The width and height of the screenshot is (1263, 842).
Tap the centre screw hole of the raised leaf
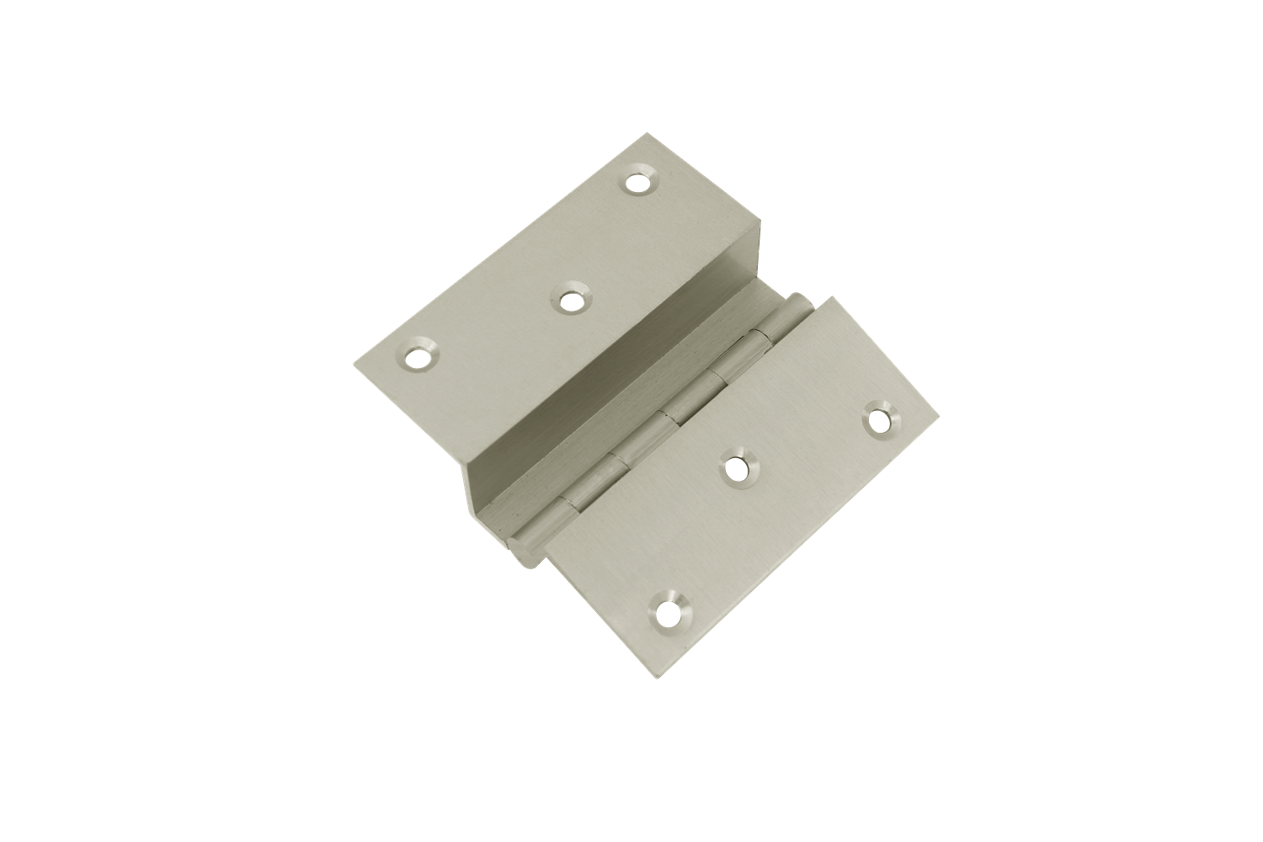click(x=572, y=300)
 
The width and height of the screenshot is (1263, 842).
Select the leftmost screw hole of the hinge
click(x=416, y=359)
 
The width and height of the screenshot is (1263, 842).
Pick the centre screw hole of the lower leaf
click(x=739, y=470)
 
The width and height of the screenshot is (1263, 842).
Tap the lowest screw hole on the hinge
click(x=668, y=610)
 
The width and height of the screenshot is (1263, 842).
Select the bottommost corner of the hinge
click(x=647, y=675)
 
